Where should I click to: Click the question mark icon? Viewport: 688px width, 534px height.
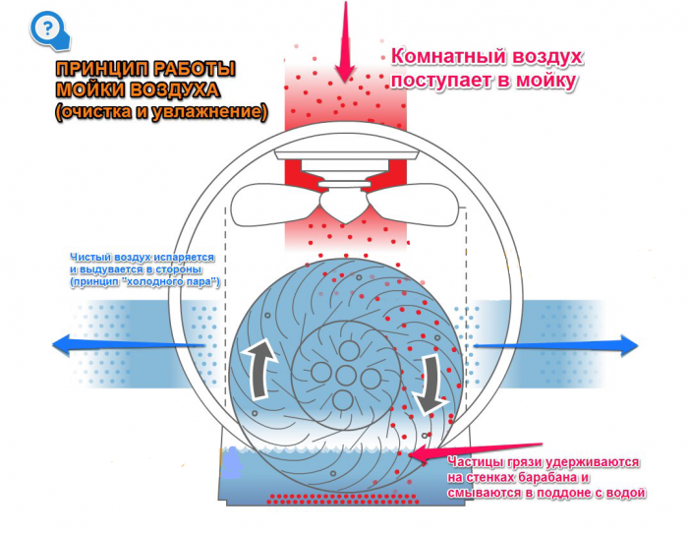click(x=49, y=30)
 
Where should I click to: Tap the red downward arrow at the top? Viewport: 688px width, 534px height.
click(x=345, y=41)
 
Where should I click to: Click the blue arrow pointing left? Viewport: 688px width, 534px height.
click(x=128, y=344)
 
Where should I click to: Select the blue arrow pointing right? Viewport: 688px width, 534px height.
click(x=556, y=345)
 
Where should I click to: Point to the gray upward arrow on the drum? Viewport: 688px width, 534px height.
click(x=260, y=368)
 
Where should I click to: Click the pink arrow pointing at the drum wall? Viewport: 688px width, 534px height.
click(x=476, y=452)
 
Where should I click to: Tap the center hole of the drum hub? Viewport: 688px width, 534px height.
click(x=345, y=376)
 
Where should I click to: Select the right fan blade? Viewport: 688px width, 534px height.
click(x=413, y=205)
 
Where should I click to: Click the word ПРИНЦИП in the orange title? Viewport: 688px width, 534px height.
click(x=99, y=70)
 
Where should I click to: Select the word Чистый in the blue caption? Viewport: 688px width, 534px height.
click(x=86, y=258)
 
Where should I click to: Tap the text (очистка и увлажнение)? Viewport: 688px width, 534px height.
click(x=161, y=112)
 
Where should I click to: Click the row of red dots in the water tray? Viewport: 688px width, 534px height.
click(x=343, y=500)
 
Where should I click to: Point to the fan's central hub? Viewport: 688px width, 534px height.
click(x=345, y=206)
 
